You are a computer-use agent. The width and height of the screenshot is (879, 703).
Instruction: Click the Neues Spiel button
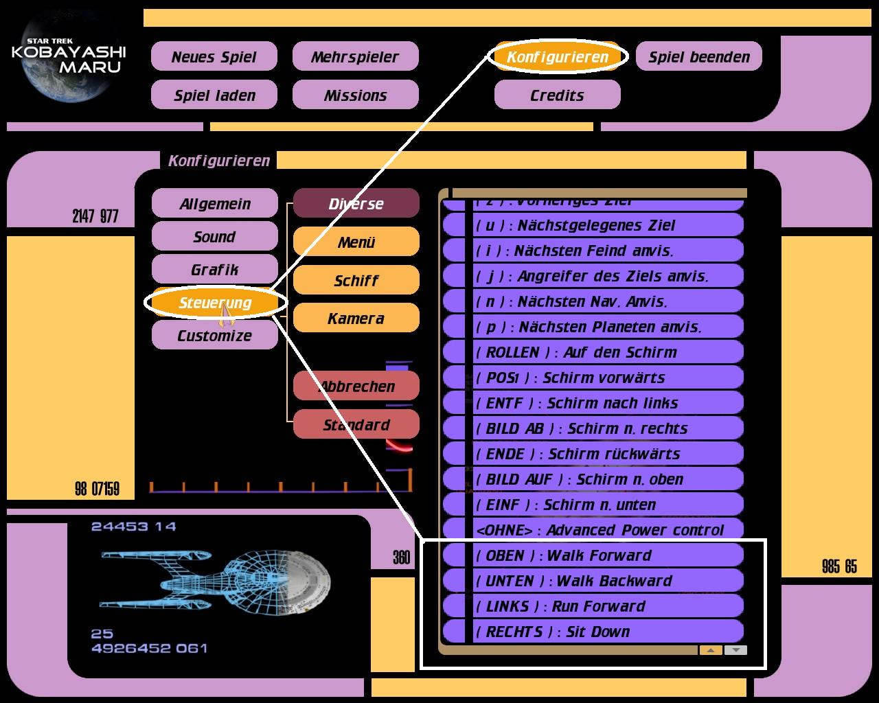coord(214,57)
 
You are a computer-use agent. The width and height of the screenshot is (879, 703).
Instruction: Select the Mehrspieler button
coord(355,57)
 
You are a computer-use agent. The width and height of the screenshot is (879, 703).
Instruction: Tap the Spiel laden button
coord(214,95)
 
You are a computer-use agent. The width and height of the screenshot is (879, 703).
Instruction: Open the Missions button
coord(355,95)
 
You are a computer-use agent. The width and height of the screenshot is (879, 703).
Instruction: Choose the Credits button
coord(557,95)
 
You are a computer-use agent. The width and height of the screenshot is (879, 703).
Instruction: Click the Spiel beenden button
coord(699,57)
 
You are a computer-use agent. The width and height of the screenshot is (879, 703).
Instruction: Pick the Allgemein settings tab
coord(215,204)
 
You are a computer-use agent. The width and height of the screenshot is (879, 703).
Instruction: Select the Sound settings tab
coord(215,237)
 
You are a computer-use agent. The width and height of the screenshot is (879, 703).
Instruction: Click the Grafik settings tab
coord(215,270)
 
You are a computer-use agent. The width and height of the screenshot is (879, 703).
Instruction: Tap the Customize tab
coord(215,336)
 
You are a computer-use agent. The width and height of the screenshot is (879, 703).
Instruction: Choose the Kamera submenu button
coord(356,319)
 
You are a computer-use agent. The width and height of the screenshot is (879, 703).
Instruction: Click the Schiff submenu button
coord(356,280)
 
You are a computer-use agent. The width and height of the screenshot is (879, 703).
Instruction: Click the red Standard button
coord(356,425)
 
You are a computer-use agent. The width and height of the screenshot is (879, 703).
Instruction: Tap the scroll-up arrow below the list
coord(711,650)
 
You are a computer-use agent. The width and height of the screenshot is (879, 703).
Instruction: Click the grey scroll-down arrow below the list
coord(735,650)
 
